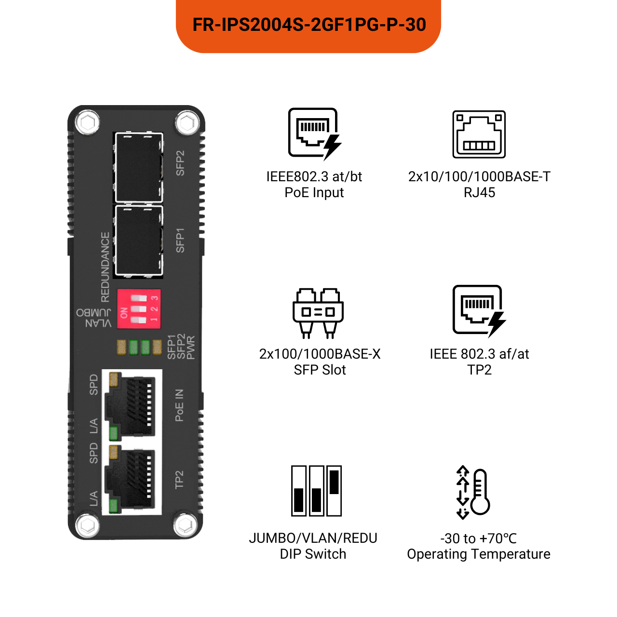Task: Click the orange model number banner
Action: [308, 25]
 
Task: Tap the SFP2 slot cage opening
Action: [138, 167]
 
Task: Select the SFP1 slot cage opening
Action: [138, 241]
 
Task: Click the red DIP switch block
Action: [139, 309]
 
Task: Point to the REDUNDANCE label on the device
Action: [105, 267]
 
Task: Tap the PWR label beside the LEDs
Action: [191, 348]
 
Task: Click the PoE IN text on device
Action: [179, 405]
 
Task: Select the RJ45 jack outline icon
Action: [479, 134]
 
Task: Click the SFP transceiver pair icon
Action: [318, 312]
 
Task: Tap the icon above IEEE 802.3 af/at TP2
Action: [479, 310]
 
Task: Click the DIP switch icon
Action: [316, 490]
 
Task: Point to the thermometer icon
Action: [474, 492]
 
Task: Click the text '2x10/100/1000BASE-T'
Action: [479, 177]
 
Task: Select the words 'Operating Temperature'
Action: [479, 554]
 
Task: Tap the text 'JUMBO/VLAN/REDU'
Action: [313, 538]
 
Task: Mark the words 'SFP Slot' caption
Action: [320, 370]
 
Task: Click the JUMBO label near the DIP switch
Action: [94, 312]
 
